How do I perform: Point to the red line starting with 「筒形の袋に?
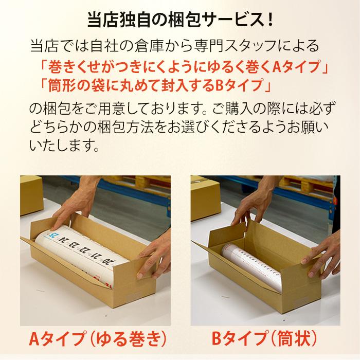pos(154,83)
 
